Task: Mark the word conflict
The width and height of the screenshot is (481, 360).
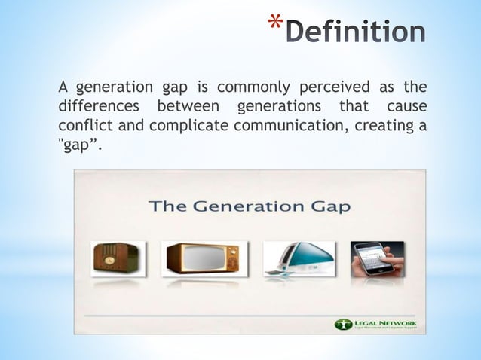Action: (83, 124)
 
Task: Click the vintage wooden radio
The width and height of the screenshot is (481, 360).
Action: (112, 258)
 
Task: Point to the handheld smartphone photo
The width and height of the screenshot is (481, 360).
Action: (377, 258)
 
